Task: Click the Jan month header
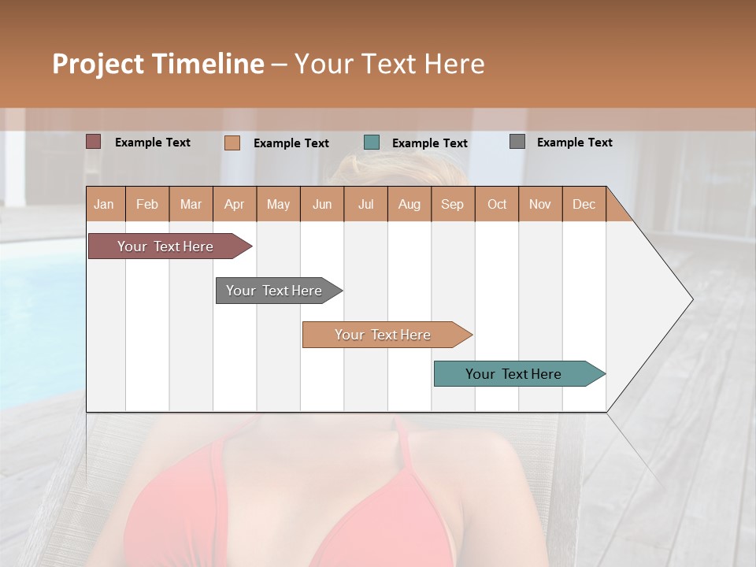pos(104,204)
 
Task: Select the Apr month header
pos(235,204)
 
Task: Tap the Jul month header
pos(365,204)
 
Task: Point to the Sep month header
pos(452,204)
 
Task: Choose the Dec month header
pos(584,204)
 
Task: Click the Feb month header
pos(147,204)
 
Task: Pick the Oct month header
pos(497,204)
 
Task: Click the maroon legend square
pos(94,142)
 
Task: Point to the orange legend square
pos(232,143)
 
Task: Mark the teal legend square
pos(372,143)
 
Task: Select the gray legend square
pos(517,142)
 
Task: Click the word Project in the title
pos(98,64)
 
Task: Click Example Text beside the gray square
pos(574,143)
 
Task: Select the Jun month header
pos(322,204)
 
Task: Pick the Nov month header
pos(540,204)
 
